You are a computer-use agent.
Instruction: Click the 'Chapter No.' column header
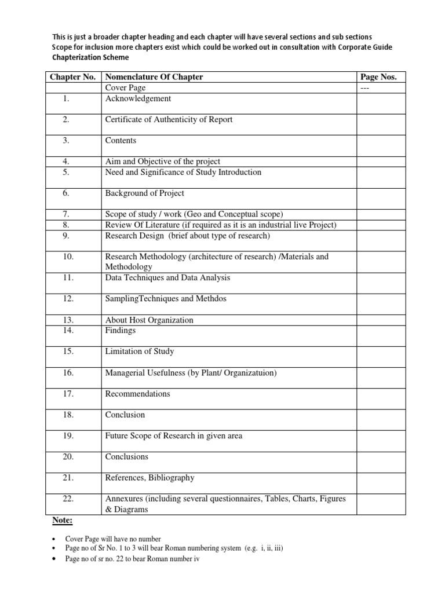click(72, 77)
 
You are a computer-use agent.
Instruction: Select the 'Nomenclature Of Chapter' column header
click(154, 77)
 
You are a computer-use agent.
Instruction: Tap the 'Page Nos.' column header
click(378, 77)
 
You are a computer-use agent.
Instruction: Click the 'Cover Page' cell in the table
click(125, 88)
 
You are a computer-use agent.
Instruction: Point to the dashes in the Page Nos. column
click(365, 88)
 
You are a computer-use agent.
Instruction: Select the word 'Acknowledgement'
click(138, 98)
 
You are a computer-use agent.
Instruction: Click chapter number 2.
click(67, 120)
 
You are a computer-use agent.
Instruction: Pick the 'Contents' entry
click(121, 141)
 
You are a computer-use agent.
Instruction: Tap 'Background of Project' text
click(144, 193)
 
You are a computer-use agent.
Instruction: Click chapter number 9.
click(67, 236)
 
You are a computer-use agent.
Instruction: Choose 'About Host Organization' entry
click(149, 320)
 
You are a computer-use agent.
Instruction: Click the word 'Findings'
click(120, 331)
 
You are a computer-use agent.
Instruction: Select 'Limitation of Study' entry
click(139, 352)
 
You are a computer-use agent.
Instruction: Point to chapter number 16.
click(68, 373)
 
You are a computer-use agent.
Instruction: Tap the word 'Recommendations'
click(137, 394)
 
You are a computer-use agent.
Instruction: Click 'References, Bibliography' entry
click(149, 478)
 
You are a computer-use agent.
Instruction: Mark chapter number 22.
click(68, 499)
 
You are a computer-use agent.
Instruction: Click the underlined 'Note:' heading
click(62, 521)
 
